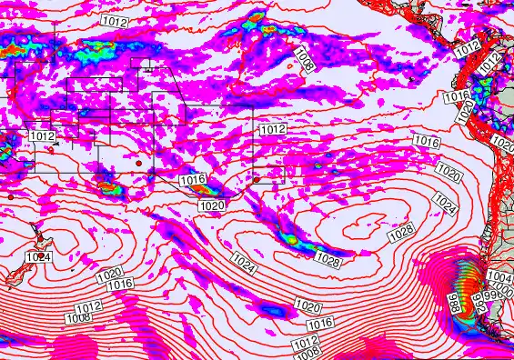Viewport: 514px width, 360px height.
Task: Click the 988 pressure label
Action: click(453, 302)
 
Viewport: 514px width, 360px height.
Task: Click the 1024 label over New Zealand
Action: click(37, 257)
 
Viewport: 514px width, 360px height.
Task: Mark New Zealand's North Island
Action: click(43, 241)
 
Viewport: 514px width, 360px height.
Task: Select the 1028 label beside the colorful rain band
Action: click(328, 261)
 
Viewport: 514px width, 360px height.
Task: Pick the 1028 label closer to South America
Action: click(400, 235)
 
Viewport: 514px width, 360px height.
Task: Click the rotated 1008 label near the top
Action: click(305, 61)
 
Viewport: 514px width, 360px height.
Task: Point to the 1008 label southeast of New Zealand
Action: click(77, 318)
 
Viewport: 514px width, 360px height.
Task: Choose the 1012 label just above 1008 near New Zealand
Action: click(88, 307)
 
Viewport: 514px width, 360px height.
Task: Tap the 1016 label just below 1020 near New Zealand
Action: click(120, 285)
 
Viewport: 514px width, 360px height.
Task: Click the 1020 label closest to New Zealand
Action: click(108, 274)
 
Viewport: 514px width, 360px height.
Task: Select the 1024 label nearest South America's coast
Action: click(444, 200)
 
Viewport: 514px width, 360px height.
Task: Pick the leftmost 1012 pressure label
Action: click(42, 135)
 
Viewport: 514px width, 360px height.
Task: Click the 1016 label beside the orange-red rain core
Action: click(192, 180)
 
